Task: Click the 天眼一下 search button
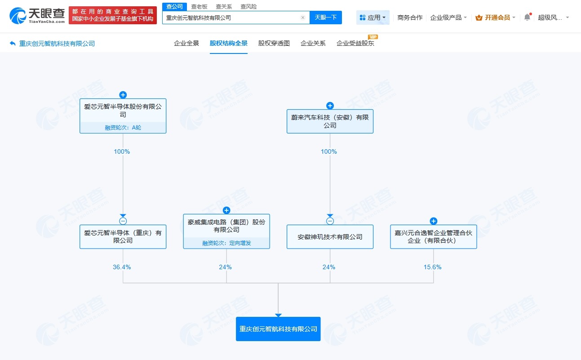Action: (x=325, y=18)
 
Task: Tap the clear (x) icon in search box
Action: (x=303, y=18)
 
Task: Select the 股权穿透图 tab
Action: (x=274, y=44)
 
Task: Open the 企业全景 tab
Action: (x=186, y=44)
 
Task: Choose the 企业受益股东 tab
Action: (x=355, y=44)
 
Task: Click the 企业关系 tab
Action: (x=313, y=44)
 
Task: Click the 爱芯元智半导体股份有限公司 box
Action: (x=123, y=111)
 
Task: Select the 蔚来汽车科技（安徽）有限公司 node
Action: (x=330, y=121)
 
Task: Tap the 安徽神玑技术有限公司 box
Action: (x=330, y=237)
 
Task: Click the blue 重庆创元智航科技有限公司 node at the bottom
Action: (x=278, y=329)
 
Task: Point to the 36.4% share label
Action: (x=122, y=267)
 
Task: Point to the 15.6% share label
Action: (x=433, y=267)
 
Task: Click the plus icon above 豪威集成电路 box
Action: (x=226, y=210)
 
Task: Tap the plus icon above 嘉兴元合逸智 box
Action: (x=434, y=221)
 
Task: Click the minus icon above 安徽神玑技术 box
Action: (x=330, y=221)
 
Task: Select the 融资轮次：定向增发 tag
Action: (x=226, y=243)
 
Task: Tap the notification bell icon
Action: (x=528, y=18)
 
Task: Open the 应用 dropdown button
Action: (x=373, y=18)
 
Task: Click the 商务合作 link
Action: (x=410, y=18)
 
